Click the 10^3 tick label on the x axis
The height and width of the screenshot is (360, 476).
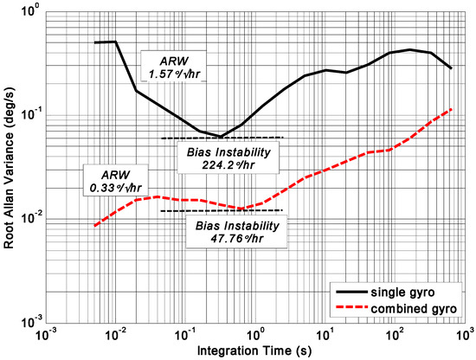[463, 334]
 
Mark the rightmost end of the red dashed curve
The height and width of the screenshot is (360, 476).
[452, 109]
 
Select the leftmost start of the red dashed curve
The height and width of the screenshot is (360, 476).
[94, 226]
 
